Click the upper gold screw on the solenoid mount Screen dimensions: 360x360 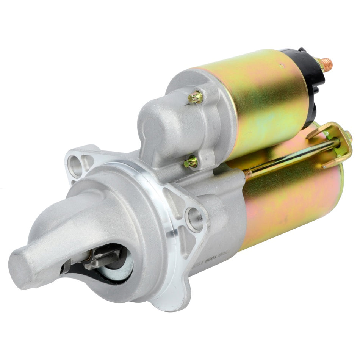tap(195, 97)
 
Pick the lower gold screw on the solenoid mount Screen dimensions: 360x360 tap(191, 162)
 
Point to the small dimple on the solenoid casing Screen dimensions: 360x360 tap(281, 66)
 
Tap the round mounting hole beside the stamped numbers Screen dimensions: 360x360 tap(194, 219)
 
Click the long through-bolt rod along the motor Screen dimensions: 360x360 tap(292, 155)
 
